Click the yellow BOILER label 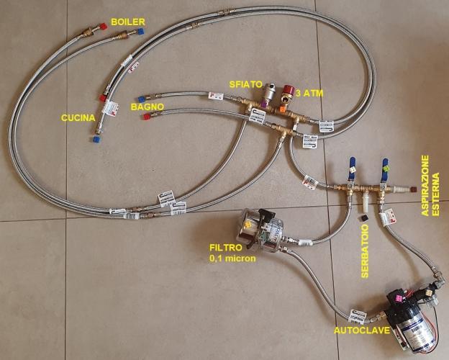[x=126, y=22]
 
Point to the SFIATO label [x=246, y=83]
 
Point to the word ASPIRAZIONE [x=425, y=186]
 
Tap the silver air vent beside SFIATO [x=271, y=94]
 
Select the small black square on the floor [x=365, y=218]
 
